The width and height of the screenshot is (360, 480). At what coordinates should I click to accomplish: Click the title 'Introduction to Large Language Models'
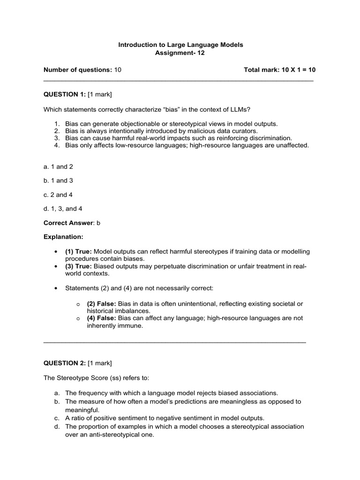point(180,45)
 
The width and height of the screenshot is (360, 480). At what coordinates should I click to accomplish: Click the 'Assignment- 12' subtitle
point(180,53)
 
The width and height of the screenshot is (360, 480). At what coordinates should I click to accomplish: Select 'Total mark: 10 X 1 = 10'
point(279,70)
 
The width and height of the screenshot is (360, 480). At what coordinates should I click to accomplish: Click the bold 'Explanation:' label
point(63,237)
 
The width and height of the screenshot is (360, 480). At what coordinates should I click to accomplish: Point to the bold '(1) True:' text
point(79,252)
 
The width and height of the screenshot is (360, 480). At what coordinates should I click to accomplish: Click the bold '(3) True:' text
point(79,266)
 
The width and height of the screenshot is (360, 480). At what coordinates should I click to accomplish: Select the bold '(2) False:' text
point(102,304)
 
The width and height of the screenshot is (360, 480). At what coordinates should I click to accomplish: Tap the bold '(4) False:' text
point(102,318)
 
